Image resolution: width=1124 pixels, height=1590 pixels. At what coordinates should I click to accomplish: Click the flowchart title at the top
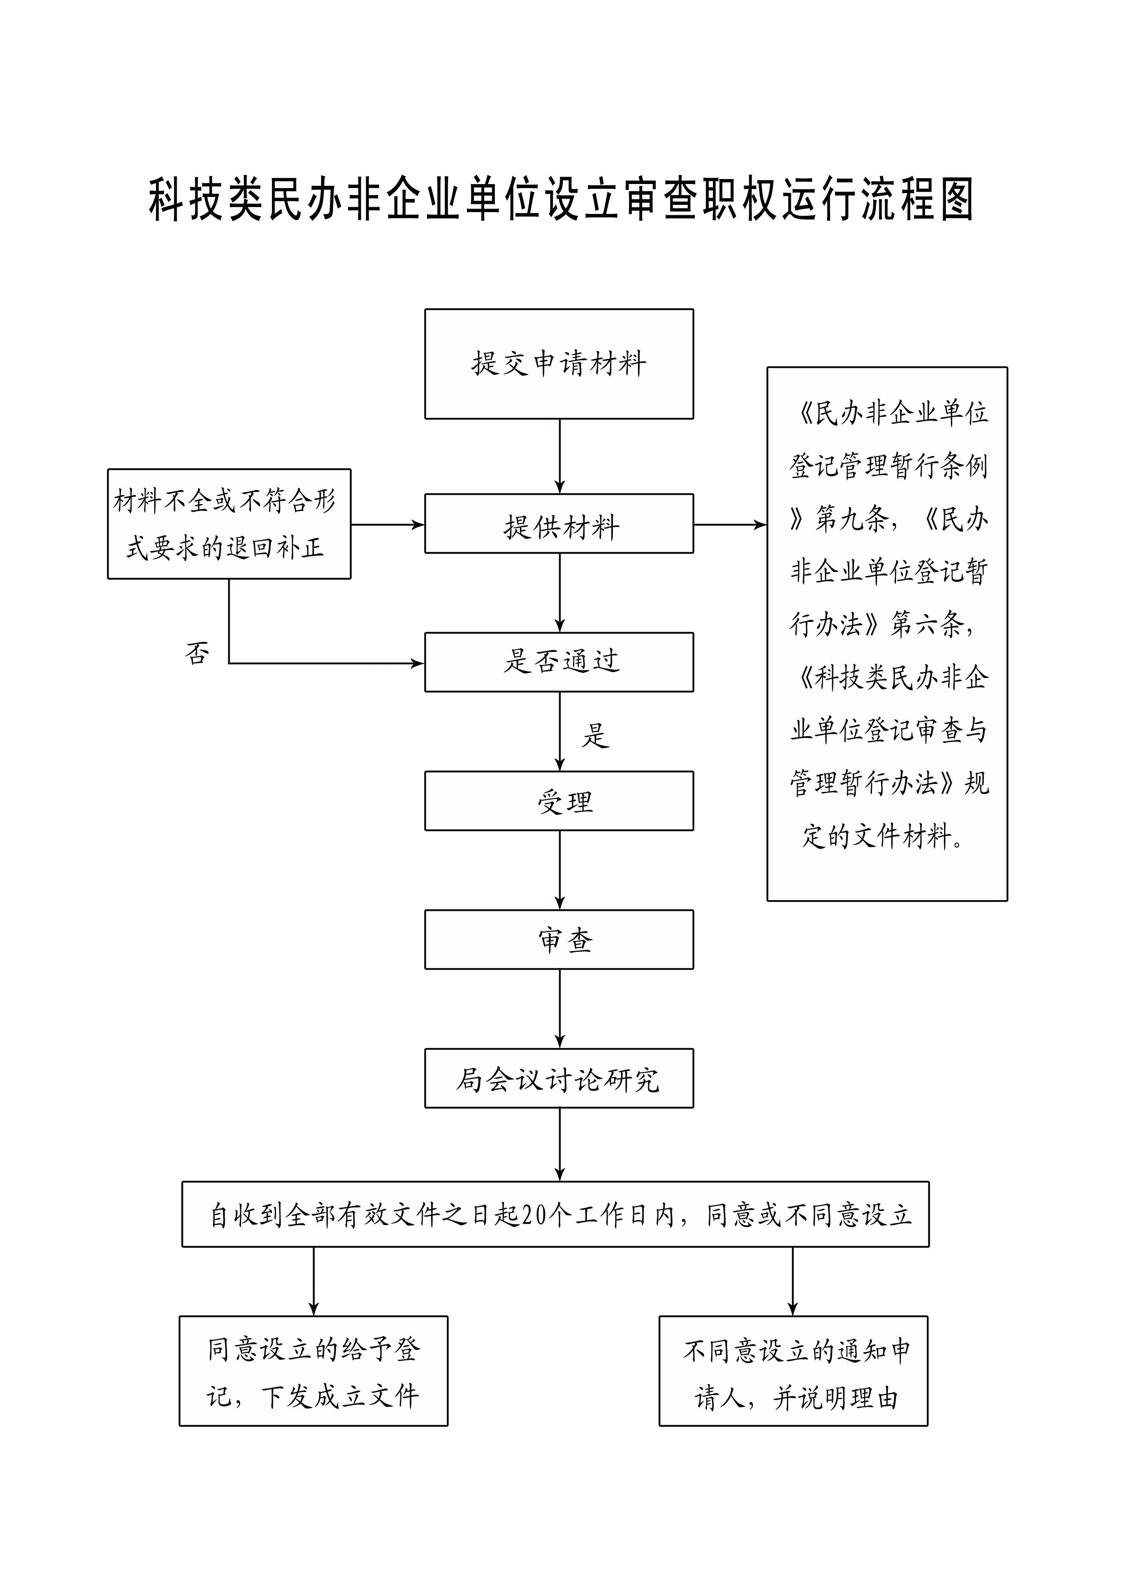[562, 199]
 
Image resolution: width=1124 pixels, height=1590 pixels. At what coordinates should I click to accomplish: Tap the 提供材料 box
[559, 524]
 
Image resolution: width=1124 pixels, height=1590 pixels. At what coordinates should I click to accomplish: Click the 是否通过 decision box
[559, 662]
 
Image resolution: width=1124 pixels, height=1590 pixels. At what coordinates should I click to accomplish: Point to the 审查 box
[559, 939]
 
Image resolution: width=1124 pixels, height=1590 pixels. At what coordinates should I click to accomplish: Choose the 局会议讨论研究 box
[559, 1078]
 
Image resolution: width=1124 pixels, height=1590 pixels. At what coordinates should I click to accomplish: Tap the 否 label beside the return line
[197, 653]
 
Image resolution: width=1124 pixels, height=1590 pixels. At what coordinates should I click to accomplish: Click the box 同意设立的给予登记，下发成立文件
[314, 1371]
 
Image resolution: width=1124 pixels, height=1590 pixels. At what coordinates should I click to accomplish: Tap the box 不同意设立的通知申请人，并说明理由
[793, 1371]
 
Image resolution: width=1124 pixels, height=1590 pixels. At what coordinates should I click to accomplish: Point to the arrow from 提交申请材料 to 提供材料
[560, 456]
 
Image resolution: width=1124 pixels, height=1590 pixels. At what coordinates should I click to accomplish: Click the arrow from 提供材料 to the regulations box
[730, 525]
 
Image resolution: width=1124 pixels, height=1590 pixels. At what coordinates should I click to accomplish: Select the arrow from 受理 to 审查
[560, 870]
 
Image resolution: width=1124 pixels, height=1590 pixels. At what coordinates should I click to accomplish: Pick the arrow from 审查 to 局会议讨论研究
[560, 1008]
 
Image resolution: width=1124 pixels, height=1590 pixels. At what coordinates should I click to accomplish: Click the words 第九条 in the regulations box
[852, 519]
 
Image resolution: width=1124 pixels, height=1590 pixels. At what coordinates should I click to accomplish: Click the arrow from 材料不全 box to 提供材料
[388, 525]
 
